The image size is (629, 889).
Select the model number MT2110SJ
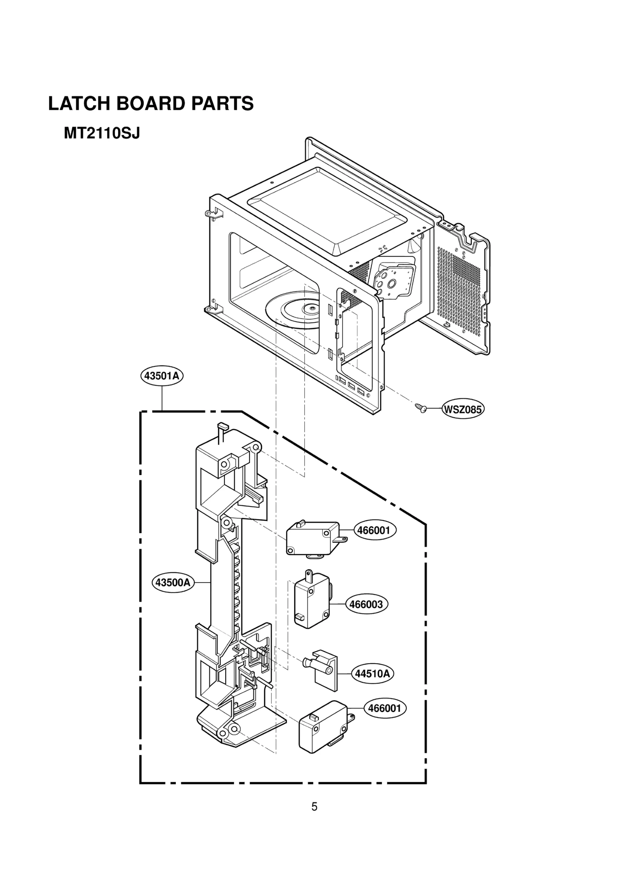[x=102, y=134]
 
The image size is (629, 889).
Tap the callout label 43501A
[x=162, y=376]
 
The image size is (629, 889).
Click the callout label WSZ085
[x=462, y=410]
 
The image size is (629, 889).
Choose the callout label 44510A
[x=372, y=674]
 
